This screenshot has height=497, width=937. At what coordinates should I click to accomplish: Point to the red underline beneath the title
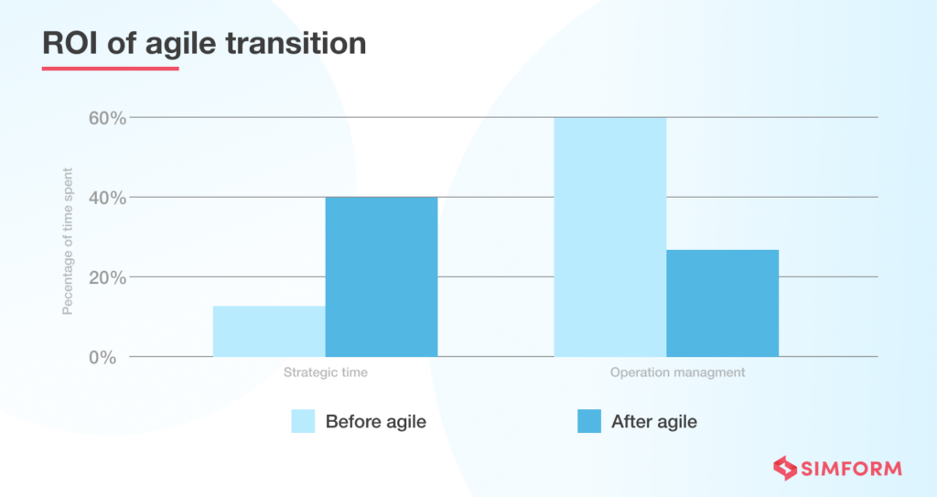click(x=110, y=68)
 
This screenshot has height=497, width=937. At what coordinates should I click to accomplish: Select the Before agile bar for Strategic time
click(x=269, y=330)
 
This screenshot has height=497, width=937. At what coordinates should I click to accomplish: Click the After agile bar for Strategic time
click(x=382, y=276)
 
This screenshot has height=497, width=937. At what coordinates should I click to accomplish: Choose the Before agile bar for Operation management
click(x=610, y=237)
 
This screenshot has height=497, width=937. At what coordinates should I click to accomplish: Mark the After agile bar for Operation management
click(x=722, y=303)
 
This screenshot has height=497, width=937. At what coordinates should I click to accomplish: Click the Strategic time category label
click(x=325, y=373)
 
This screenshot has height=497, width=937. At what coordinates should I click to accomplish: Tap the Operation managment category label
click(x=677, y=373)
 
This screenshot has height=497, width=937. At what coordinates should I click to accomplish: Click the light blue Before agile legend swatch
click(x=303, y=421)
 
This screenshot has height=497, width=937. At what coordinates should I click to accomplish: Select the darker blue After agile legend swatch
click(x=589, y=421)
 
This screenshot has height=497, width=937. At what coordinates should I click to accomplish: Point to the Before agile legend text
click(x=376, y=422)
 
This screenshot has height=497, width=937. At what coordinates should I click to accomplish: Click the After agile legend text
click(x=653, y=422)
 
